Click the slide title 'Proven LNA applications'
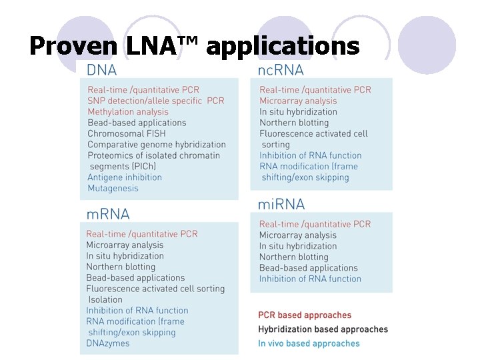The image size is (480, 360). coord(194,46)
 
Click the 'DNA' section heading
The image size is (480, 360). coord(101,69)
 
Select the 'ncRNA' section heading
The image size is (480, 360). coord(280,69)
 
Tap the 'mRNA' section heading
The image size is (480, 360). coord(108,214)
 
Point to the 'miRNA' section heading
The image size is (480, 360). coord(281,203)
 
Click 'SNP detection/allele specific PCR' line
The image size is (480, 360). coord(156,101)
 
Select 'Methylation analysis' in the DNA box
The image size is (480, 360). coord(128,111)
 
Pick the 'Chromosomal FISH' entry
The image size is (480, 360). coord(127,133)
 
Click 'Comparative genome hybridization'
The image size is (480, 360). coord(157,144)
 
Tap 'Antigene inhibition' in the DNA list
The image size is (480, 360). coord(125,177)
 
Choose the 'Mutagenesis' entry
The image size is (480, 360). coord(113,188)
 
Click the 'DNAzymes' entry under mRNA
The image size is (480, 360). coord(108,343)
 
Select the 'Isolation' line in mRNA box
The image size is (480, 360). coord(105,299)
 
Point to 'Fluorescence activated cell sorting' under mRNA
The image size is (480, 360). coord(155,289)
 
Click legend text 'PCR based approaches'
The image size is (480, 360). coord(305,315)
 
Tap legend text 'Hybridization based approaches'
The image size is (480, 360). coord(323,329)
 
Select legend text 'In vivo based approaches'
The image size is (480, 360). coord(309,344)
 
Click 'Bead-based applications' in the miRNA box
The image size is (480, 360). coord(309,268)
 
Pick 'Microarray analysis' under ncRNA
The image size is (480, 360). coord(298,101)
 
